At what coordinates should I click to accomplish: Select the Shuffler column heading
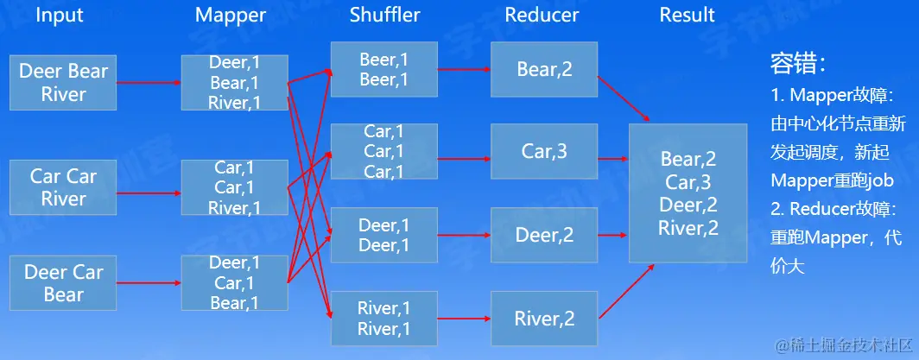point(384,15)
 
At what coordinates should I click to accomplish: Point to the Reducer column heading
point(542,15)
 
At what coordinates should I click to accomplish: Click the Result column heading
point(688,15)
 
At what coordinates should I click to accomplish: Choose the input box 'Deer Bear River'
point(63,83)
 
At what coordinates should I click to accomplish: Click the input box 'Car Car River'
point(63,187)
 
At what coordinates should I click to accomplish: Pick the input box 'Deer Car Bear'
point(63,283)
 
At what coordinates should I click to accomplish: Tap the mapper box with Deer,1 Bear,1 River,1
point(234,83)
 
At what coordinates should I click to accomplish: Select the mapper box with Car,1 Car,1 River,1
point(234,187)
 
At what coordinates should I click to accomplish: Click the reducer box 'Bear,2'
point(544,69)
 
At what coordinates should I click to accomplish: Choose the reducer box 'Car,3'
point(544,152)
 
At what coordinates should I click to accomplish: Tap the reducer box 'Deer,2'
point(544,235)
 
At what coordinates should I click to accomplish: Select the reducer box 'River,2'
point(544,319)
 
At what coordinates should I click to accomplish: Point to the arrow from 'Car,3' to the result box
point(612,159)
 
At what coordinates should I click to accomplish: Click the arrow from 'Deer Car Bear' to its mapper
point(149,283)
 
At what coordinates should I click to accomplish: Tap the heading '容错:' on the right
point(799,63)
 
